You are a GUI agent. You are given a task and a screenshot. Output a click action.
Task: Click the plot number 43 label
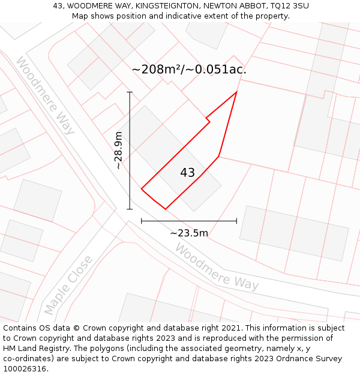(x=187, y=173)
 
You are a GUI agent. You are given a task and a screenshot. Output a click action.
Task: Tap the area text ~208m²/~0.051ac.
(x=189, y=70)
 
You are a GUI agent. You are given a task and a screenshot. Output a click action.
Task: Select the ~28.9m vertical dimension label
(x=118, y=150)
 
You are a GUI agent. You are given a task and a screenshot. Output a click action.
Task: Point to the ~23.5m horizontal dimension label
(x=189, y=233)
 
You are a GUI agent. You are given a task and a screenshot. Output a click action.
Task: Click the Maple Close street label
(x=68, y=285)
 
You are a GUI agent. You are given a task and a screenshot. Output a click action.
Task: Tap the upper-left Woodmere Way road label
(x=45, y=95)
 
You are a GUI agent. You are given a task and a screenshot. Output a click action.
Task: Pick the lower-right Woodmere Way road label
(x=217, y=266)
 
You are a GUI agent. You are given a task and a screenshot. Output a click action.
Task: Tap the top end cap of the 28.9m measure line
(x=130, y=92)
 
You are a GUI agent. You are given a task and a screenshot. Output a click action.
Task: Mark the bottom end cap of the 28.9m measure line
(x=130, y=209)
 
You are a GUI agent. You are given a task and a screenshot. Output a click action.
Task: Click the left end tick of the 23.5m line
(x=142, y=221)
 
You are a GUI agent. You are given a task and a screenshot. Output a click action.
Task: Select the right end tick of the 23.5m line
(x=236, y=221)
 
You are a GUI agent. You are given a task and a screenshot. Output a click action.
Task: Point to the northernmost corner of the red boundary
(x=237, y=91)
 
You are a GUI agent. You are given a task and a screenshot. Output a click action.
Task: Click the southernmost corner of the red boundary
(x=165, y=209)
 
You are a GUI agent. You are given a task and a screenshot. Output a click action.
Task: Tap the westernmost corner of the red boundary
(x=142, y=189)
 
